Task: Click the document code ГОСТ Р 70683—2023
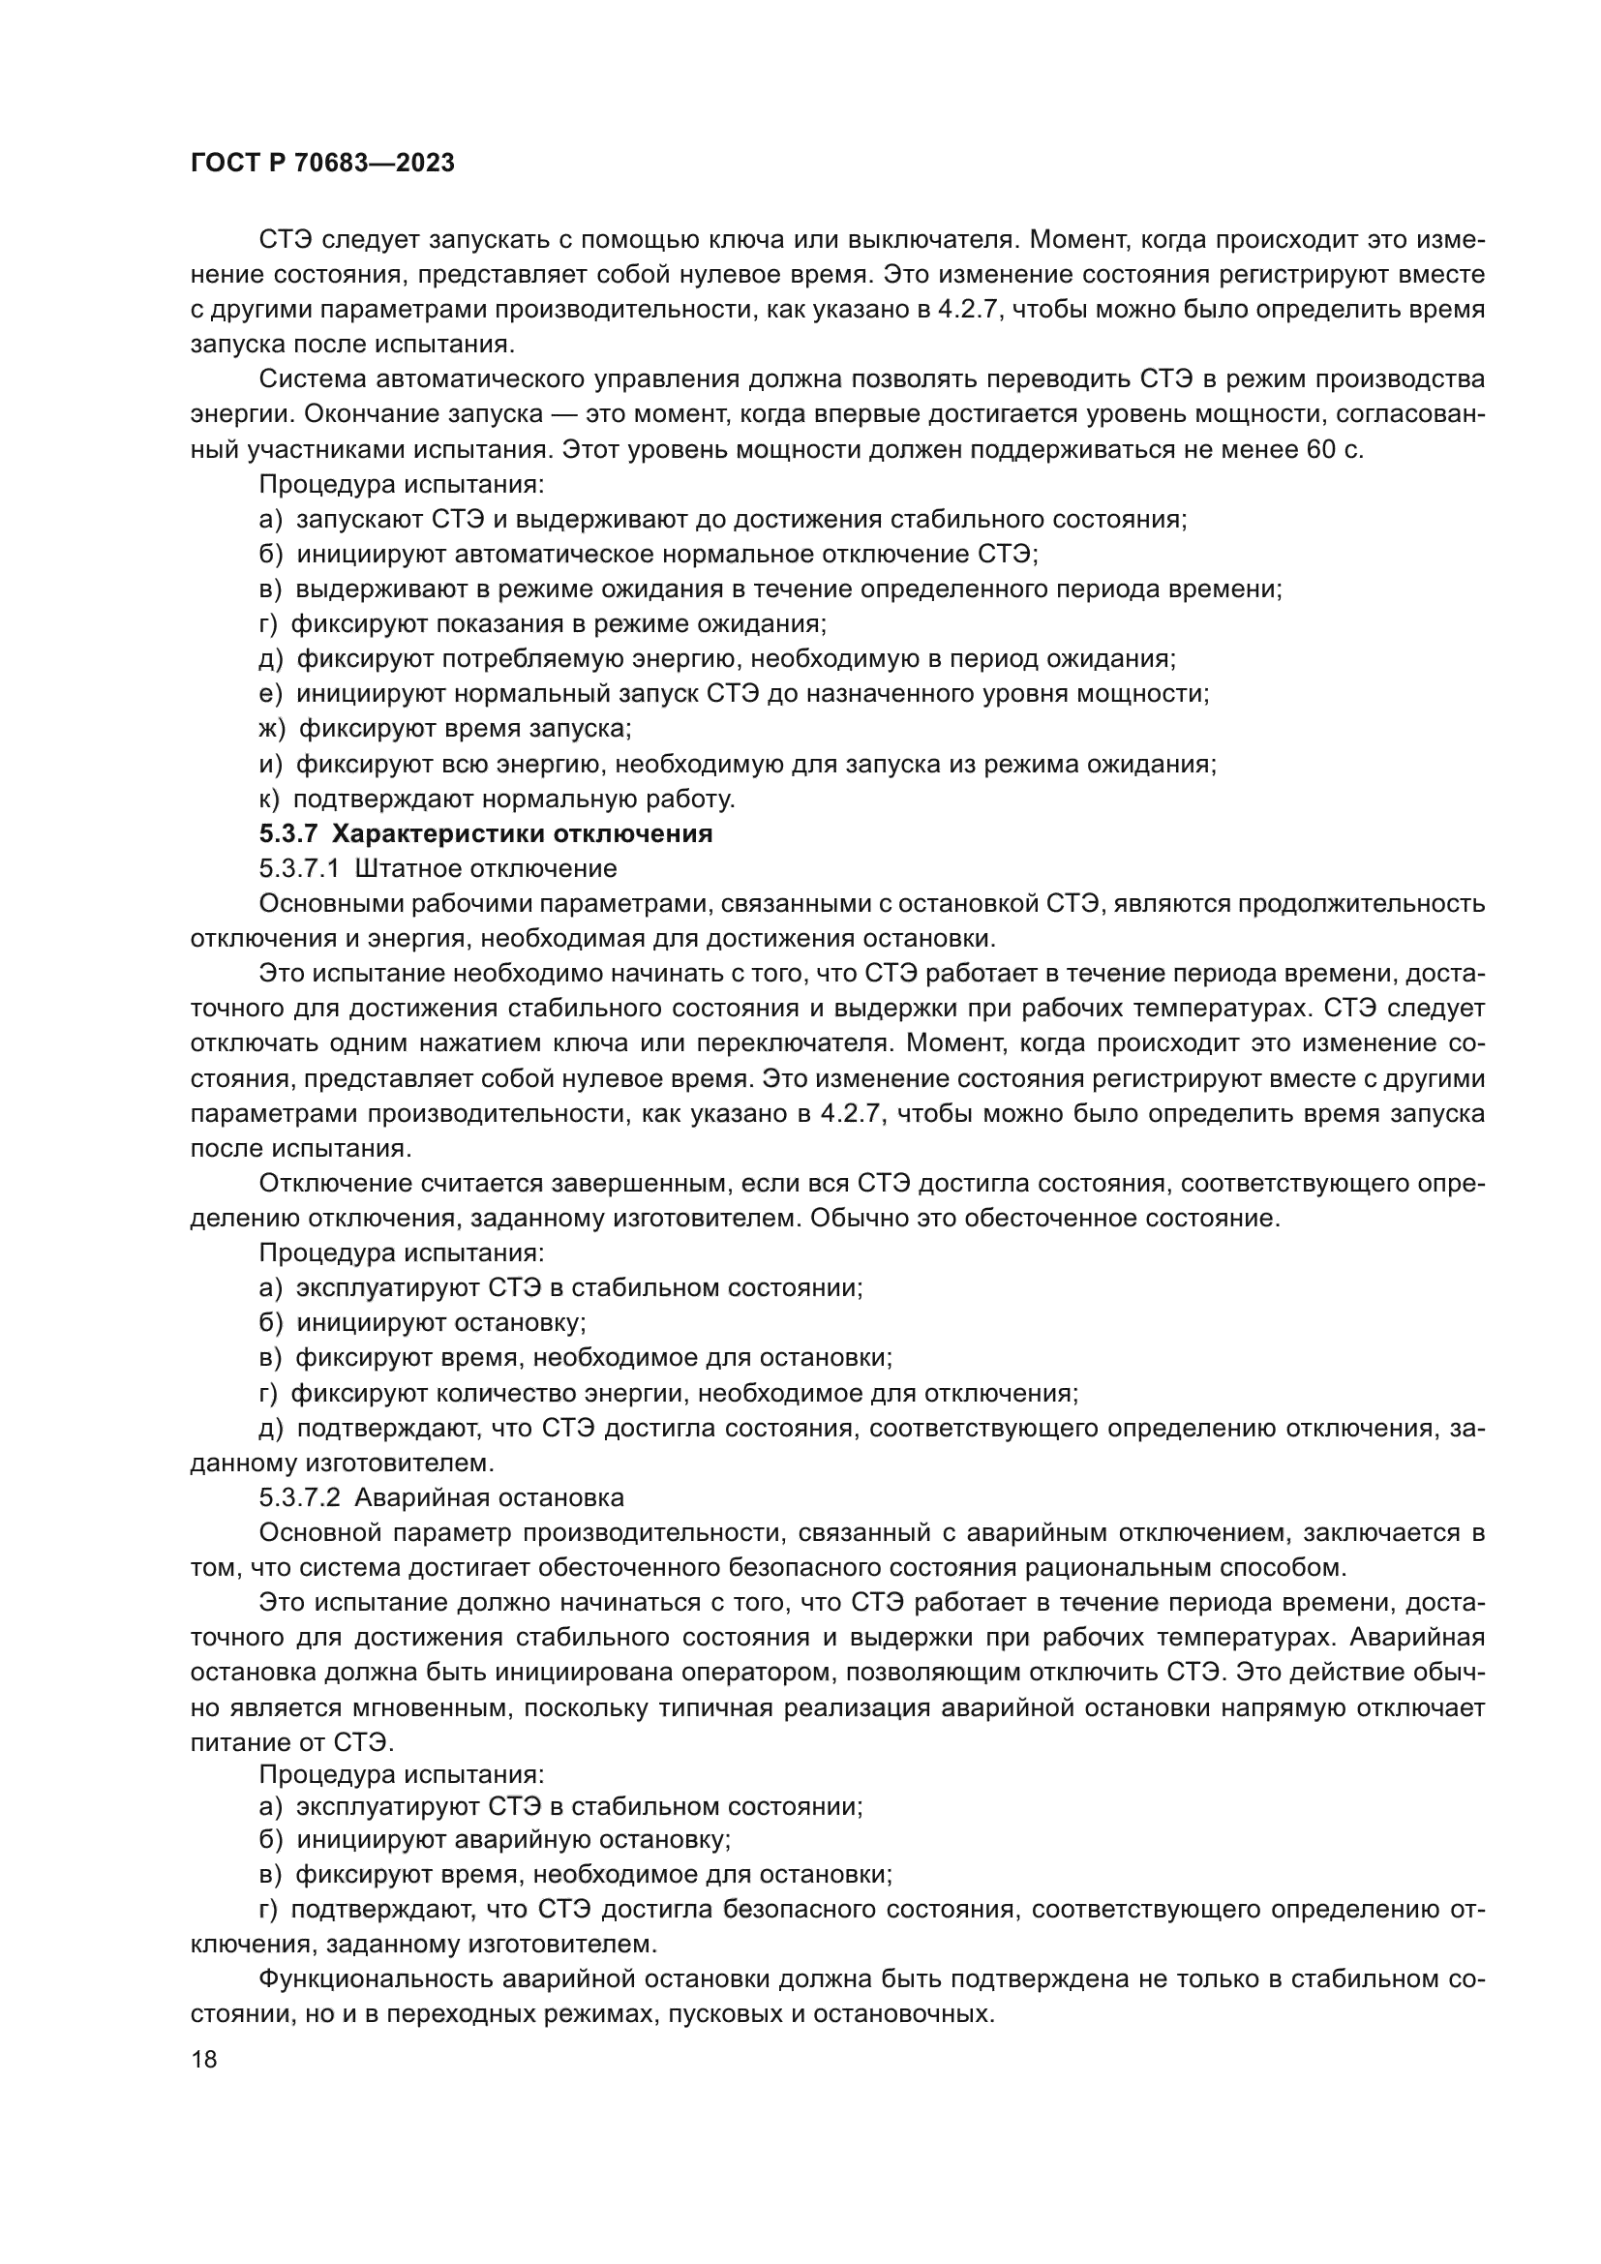322,164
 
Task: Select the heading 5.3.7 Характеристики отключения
485,834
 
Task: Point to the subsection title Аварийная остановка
489,1497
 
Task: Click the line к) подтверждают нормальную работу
497,799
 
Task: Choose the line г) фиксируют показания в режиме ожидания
542,624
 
